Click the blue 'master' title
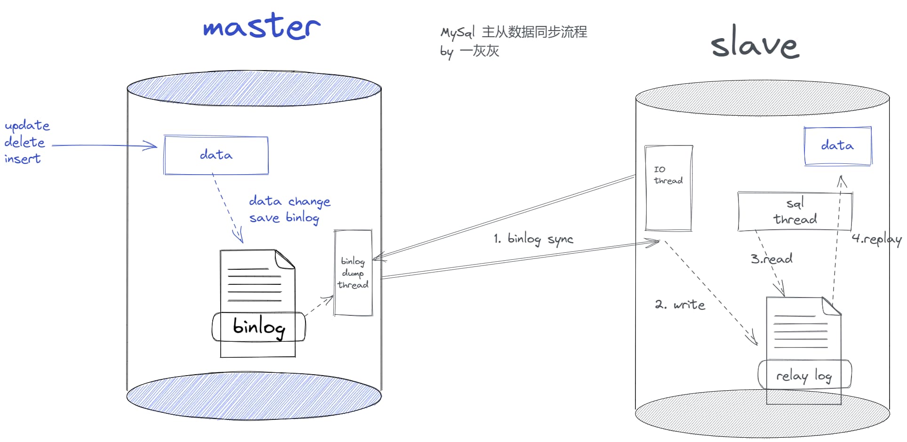pos(262,27)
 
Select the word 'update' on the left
pos(27,126)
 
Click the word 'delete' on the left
pos(24,142)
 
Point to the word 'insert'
pos(22,159)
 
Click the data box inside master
pos(216,155)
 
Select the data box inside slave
pos(837,146)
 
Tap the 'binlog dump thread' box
pos(353,273)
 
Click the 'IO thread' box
pos(668,188)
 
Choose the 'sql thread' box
pos(795,211)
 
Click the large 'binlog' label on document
pos(258,326)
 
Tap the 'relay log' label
pos(804,375)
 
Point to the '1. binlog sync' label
pos(533,239)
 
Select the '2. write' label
pos(680,305)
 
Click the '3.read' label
pos(771,258)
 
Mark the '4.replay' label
pos(876,239)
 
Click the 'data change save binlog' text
pos(289,209)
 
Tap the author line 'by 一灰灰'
pos(469,51)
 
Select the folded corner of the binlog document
pos(285,259)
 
